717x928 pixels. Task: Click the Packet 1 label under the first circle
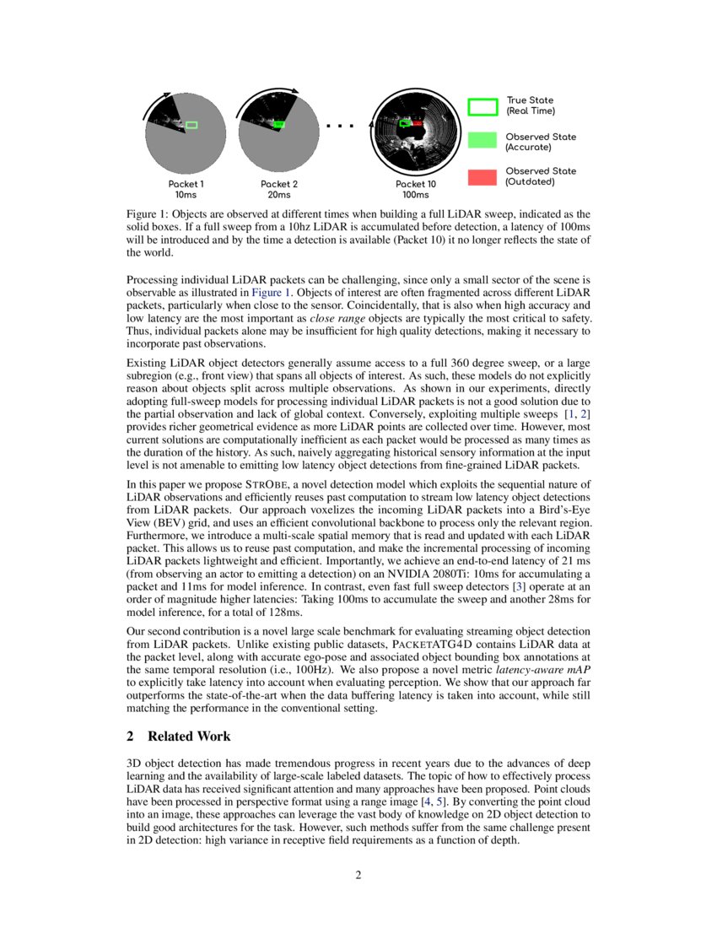[186, 184]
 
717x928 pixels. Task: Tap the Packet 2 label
[278, 184]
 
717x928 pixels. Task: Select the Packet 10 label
[416, 184]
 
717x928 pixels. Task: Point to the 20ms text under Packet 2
[278, 195]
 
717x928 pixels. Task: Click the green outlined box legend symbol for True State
[482, 106]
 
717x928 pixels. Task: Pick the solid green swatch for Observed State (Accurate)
[482, 141]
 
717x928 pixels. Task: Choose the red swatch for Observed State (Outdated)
[482, 176]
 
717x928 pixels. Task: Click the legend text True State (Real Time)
[530, 105]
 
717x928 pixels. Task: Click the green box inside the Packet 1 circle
[191, 125]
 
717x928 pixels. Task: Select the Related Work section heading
[189, 736]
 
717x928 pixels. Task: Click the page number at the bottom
[358, 875]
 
